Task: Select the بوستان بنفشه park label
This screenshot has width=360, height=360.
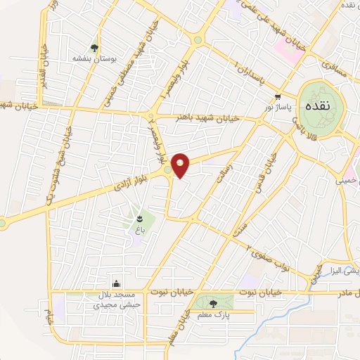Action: pos(94,60)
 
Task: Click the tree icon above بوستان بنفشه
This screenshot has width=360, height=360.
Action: pos(94,48)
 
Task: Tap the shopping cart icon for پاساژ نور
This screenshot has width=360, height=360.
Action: pos(279,96)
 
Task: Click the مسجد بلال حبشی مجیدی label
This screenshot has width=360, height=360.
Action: pos(116,300)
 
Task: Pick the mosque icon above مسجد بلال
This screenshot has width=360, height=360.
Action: pos(116,283)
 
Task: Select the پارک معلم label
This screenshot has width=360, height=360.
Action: pos(214,316)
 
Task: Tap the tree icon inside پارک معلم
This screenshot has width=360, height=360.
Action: pos(214,303)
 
